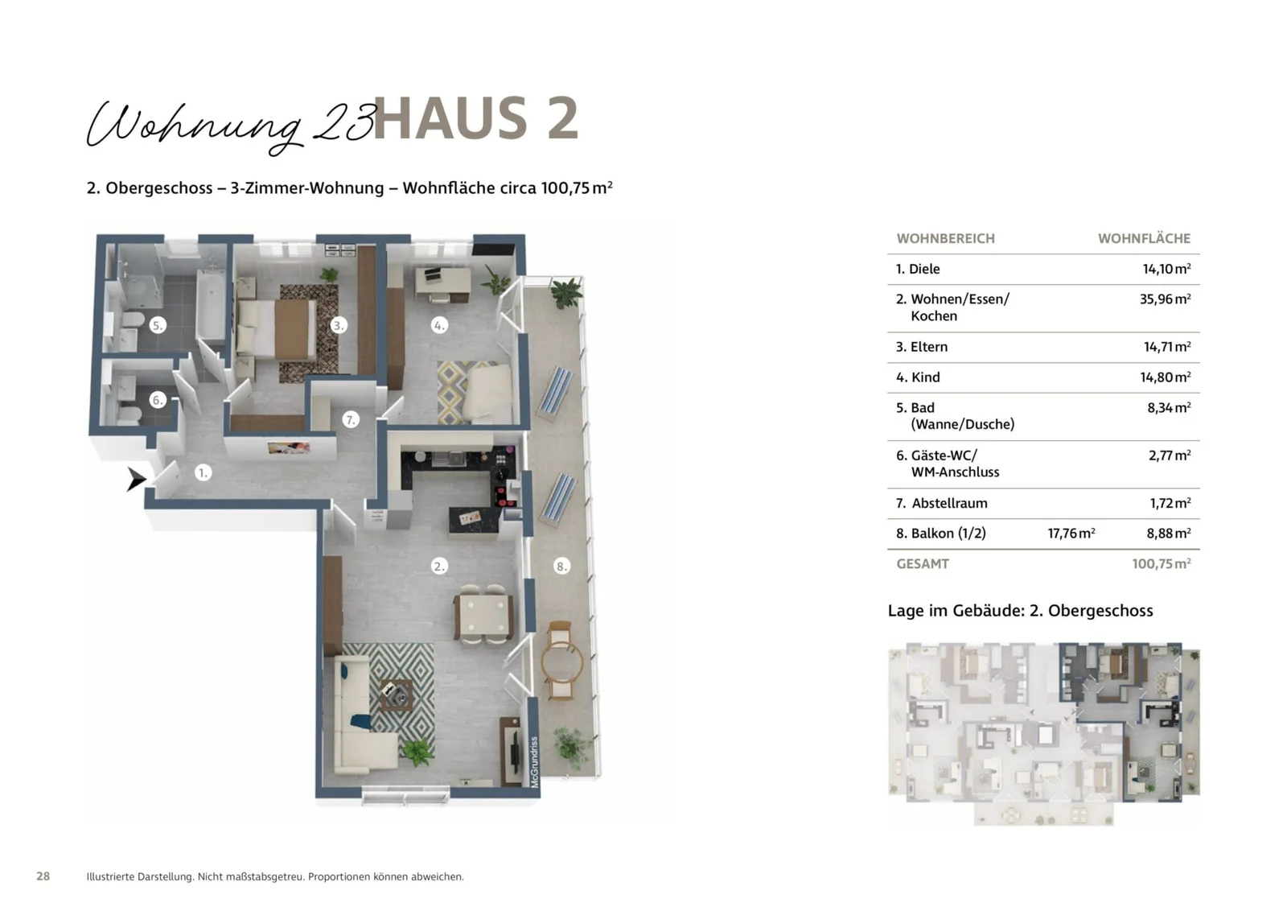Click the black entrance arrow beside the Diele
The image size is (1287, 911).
click(135, 480)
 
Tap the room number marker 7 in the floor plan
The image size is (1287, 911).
click(350, 419)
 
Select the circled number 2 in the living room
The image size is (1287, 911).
click(439, 566)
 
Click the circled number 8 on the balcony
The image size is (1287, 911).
click(561, 566)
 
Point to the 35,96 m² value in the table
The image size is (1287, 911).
click(1164, 299)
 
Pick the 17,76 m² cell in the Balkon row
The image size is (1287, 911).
click(1071, 533)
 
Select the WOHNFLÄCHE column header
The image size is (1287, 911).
click(1144, 238)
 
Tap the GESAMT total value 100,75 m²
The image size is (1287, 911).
click(1161, 563)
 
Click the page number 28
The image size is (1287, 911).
click(43, 876)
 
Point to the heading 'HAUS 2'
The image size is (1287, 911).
click(475, 119)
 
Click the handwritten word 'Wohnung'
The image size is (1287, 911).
click(193, 125)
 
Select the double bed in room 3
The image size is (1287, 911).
click(276, 328)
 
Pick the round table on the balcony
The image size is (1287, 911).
click(561, 662)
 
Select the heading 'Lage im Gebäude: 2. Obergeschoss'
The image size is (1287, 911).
click(1020, 610)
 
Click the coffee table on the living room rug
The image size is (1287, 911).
click(397, 693)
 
